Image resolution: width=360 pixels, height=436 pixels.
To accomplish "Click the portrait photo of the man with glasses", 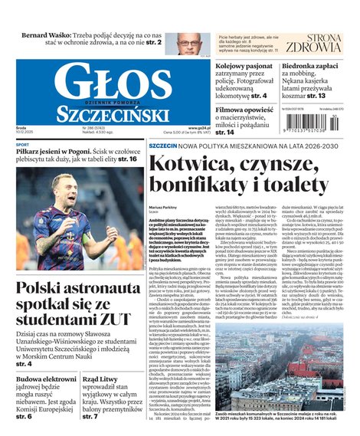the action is point(189,42).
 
